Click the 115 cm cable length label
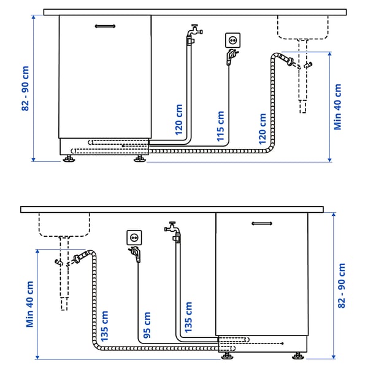pos(220,126)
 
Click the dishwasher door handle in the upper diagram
pos(105,26)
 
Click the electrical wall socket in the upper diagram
pos(233,40)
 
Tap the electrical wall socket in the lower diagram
pos(134,236)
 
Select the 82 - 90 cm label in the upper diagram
pos(26,89)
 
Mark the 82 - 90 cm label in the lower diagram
pos(342,285)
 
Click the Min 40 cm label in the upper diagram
pos(337,107)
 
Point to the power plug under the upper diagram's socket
pos(230,57)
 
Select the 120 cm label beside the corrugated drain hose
pos(262,126)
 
